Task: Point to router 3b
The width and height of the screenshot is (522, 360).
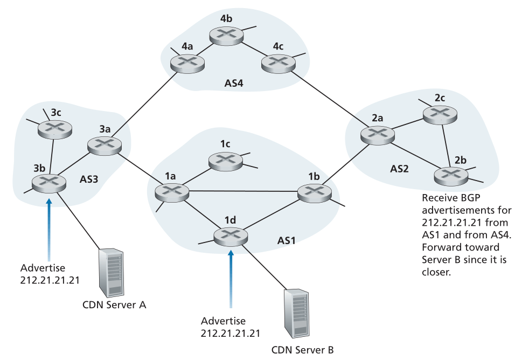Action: pyautogui.click(x=49, y=183)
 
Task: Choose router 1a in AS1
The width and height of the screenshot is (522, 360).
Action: pyautogui.click(x=172, y=192)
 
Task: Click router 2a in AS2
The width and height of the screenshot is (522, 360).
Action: pyautogui.click(x=378, y=135)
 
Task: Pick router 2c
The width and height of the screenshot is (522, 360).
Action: pyautogui.click(x=440, y=114)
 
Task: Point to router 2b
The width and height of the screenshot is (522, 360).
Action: pyautogui.click(x=451, y=175)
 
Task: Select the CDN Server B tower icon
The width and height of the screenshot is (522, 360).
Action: pyautogui.click(x=296, y=314)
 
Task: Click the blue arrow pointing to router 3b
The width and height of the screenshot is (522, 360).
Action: pyautogui.click(x=49, y=230)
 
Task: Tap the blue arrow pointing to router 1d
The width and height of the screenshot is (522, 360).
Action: pyautogui.click(x=231, y=279)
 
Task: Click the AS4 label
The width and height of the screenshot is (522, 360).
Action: pyautogui.click(x=234, y=83)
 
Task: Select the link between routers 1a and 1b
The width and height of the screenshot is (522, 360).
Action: pyautogui.click(x=243, y=191)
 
